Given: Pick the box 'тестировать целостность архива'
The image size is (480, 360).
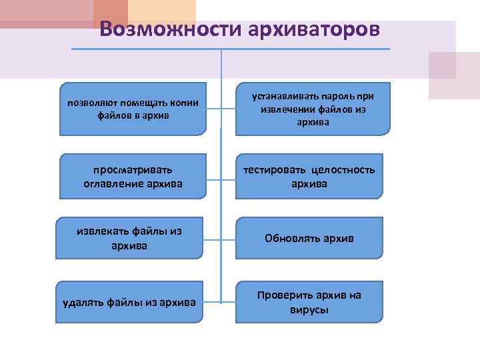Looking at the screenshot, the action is pos(309,177).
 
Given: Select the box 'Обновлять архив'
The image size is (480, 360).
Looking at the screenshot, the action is pos(309,238).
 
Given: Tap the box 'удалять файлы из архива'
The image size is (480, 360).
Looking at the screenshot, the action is pos(129,303).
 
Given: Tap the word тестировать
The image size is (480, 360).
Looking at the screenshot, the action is pos(271,170).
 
